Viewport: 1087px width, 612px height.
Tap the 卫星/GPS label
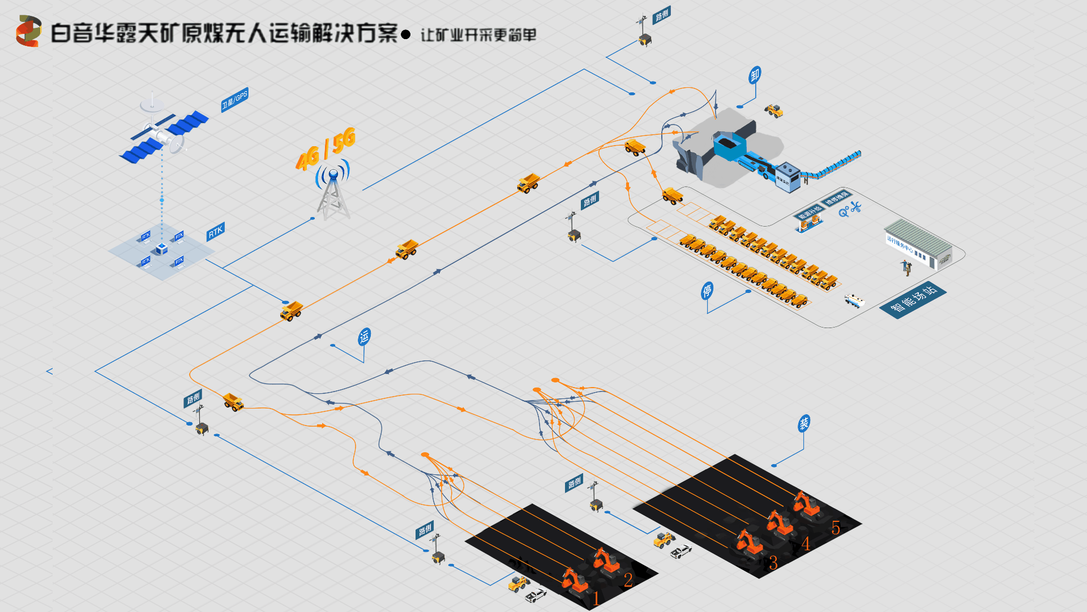pyautogui.click(x=234, y=100)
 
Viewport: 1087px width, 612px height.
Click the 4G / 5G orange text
pyautogui.click(x=326, y=148)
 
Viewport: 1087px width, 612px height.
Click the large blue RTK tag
pyautogui.click(x=216, y=231)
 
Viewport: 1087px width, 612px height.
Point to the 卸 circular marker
pyautogui.click(x=755, y=75)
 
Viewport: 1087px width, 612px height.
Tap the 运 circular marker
pyautogui.click(x=364, y=337)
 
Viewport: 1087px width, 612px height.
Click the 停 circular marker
pyautogui.click(x=707, y=291)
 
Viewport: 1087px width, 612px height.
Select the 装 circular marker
pyautogui.click(x=804, y=423)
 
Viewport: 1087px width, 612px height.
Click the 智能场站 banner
pyautogui.click(x=913, y=300)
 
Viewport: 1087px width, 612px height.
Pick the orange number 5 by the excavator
pyautogui.click(x=836, y=528)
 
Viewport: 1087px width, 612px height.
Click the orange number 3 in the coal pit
pyautogui.click(x=773, y=563)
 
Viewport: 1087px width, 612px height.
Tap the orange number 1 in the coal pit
pyautogui.click(x=596, y=598)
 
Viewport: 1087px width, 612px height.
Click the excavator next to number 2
pyautogui.click(x=605, y=560)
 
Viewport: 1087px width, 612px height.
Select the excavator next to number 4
pyautogui.click(x=780, y=523)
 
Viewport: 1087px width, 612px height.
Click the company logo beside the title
pyautogui.click(x=28, y=31)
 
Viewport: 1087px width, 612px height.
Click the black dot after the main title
pyautogui.click(x=405, y=35)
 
